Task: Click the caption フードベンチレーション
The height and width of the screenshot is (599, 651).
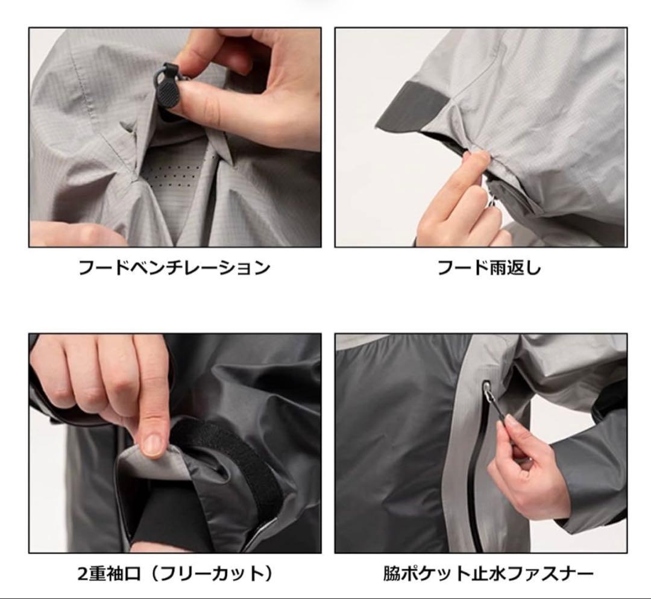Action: tap(174, 268)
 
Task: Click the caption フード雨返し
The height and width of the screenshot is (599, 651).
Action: tap(489, 268)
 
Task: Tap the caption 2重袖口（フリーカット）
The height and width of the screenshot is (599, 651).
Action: tap(176, 574)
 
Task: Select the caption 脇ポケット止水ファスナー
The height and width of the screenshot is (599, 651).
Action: tap(488, 574)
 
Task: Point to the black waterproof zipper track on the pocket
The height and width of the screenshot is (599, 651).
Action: tap(476, 477)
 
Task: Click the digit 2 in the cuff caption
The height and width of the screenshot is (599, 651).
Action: tap(83, 574)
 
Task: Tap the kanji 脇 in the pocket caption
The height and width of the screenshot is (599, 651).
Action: tap(392, 574)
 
